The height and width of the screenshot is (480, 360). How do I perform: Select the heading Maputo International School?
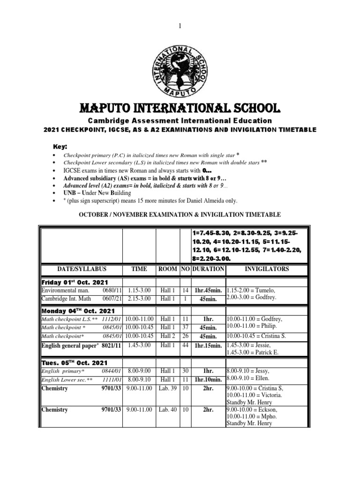tap(180, 109)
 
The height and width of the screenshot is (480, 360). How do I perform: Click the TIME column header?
tap(139, 270)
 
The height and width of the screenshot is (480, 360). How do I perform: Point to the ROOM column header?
tap(167, 270)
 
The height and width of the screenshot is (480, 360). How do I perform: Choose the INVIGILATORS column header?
tap(267, 270)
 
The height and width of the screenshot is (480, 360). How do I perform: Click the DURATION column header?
tap(208, 270)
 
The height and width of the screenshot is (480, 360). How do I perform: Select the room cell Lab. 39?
tap(167, 389)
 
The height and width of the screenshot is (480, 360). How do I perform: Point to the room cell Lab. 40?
tap(167, 410)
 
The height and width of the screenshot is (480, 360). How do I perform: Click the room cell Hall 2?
tap(167, 337)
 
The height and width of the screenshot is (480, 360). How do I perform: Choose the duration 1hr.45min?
tap(208, 291)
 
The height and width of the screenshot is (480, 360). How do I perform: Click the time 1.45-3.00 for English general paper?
tap(139, 345)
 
